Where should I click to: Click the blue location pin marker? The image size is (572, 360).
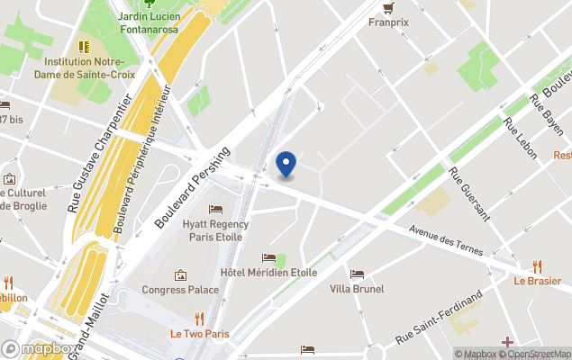286,164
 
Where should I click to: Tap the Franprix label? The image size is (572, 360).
388,23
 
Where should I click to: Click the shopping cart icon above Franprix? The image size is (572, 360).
388,8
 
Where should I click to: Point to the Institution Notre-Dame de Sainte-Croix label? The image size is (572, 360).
89,67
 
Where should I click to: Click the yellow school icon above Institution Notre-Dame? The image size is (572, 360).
84,46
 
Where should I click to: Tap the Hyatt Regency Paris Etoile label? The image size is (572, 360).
215,230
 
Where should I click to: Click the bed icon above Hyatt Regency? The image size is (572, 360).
215,210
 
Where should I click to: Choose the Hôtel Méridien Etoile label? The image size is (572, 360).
268,273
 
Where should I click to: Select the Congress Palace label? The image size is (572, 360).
180,290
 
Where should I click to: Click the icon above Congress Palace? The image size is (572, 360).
180,274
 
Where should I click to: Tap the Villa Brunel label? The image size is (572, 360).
357,289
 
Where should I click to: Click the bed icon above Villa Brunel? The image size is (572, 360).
358,274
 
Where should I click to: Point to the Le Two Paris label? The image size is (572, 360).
200,334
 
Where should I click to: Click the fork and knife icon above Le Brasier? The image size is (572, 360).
538,265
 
